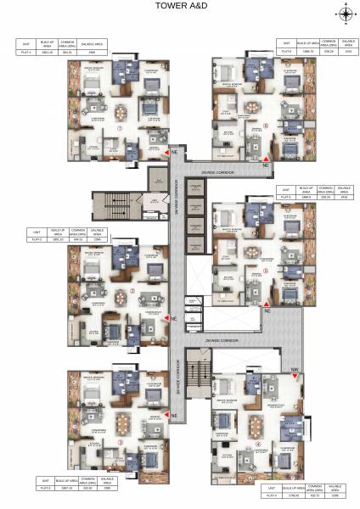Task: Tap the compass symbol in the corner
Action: tap(346, 12)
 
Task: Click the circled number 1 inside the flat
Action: tap(121, 129)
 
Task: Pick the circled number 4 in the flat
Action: tap(258, 442)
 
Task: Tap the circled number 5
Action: tap(266, 271)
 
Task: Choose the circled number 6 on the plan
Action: tap(266, 126)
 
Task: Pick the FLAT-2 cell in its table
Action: tap(37, 239)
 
